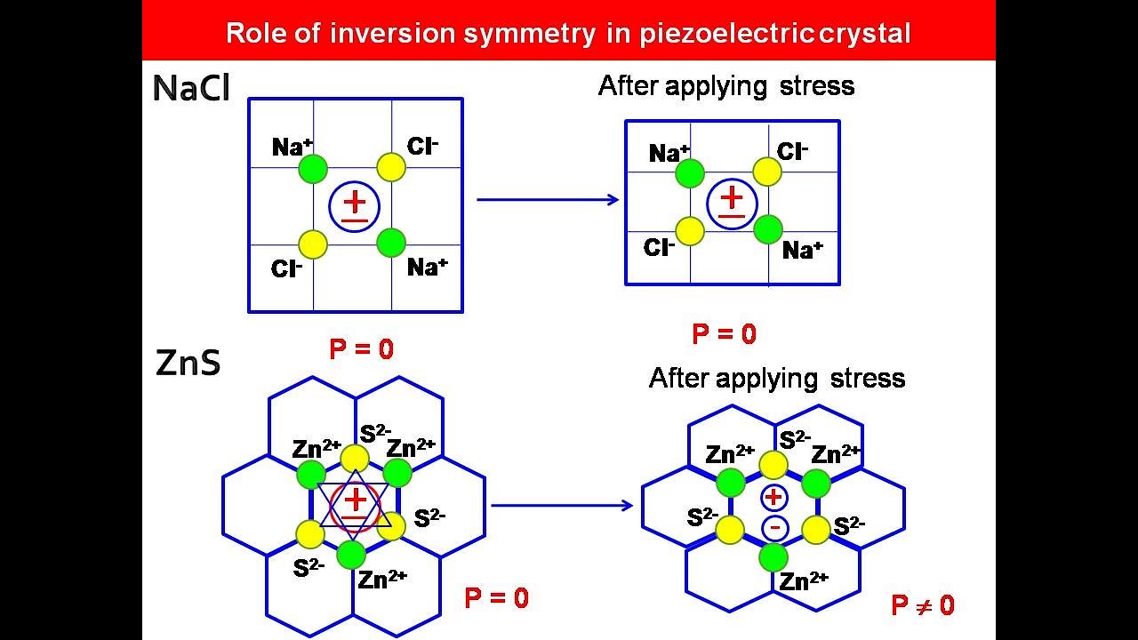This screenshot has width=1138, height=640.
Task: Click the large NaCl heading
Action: pyautogui.click(x=191, y=89)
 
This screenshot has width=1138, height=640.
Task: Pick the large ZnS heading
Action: pyautogui.click(x=188, y=364)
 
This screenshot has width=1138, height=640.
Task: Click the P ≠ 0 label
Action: pyautogui.click(x=923, y=606)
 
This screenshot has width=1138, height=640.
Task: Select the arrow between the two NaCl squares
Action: pyautogui.click(x=548, y=199)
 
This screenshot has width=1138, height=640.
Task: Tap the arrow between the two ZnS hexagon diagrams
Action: pyautogui.click(x=562, y=506)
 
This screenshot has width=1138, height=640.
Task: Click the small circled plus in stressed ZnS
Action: pyautogui.click(x=773, y=497)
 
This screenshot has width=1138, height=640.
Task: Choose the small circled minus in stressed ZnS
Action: pyautogui.click(x=774, y=528)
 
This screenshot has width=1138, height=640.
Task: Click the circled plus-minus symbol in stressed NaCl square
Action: pyautogui.click(x=732, y=203)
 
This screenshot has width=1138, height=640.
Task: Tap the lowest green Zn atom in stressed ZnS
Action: pyautogui.click(x=773, y=557)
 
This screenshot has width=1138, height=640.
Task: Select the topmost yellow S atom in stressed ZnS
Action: pyautogui.click(x=773, y=465)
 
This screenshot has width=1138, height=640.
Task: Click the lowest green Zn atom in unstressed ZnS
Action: pyautogui.click(x=352, y=554)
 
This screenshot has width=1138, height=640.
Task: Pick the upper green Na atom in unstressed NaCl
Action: pyautogui.click(x=313, y=169)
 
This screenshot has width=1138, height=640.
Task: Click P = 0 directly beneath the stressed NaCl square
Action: pyautogui.click(x=725, y=334)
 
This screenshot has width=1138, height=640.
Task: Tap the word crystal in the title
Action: pyautogui.click(x=868, y=34)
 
